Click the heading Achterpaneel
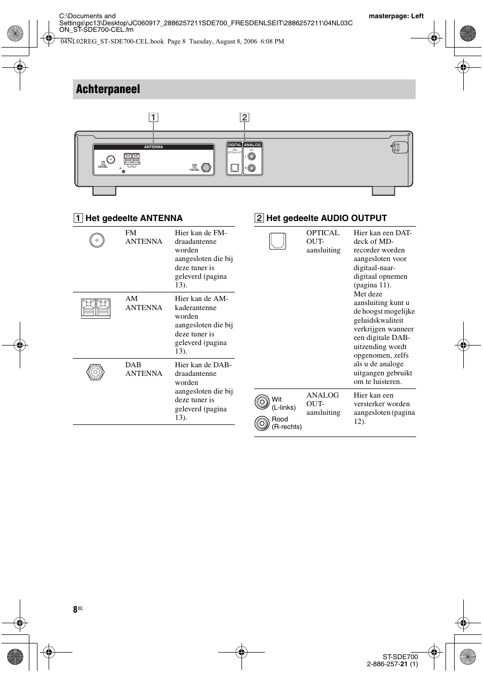[x=108, y=89]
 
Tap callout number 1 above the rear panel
[x=153, y=118]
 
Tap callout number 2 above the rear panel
[x=245, y=118]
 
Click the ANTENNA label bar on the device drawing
[x=153, y=147]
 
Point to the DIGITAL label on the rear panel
[x=234, y=145]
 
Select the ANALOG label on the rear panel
[x=252, y=145]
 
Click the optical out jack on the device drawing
[x=234, y=167]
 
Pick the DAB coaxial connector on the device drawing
[x=206, y=167]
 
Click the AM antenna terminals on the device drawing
[x=132, y=158]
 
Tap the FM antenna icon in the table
[x=97, y=240]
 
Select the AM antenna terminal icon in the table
[x=96, y=308]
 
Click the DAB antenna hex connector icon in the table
[x=95, y=373]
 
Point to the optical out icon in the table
[x=277, y=241]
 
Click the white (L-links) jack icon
[x=262, y=402]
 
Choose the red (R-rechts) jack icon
[x=262, y=423]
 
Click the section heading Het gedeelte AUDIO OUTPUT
[x=326, y=218]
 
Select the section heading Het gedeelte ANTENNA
[x=134, y=218]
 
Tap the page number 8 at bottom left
[x=75, y=610]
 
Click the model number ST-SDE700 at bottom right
[x=400, y=657]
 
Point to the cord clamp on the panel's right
[x=398, y=147]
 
